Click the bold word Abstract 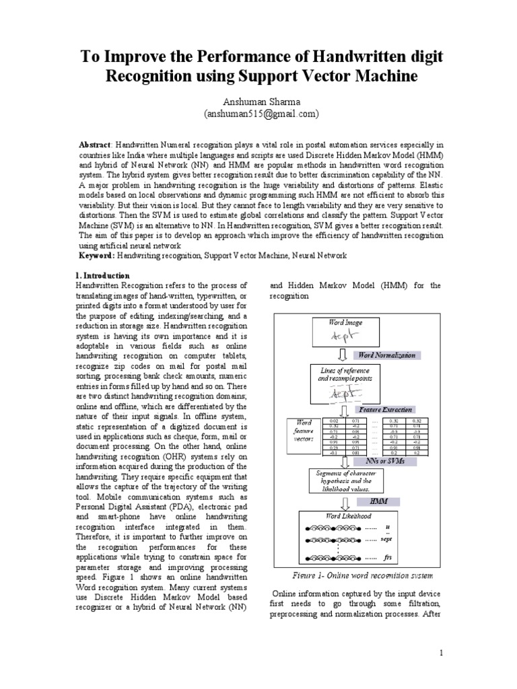pyautogui.click(x=96, y=145)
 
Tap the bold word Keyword pyautogui.click(x=97, y=256)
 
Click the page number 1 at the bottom pyautogui.click(x=441, y=653)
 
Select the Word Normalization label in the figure pyautogui.click(x=386, y=355)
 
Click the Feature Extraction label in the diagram pyautogui.click(x=386, y=409)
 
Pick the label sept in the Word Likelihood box pyautogui.click(x=386, y=539)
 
